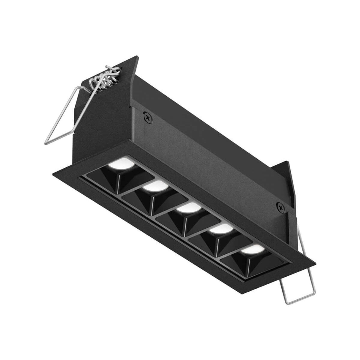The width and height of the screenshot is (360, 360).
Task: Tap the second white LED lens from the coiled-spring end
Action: tap(155, 187)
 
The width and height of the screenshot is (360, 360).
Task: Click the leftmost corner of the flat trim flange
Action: tap(53, 173)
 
